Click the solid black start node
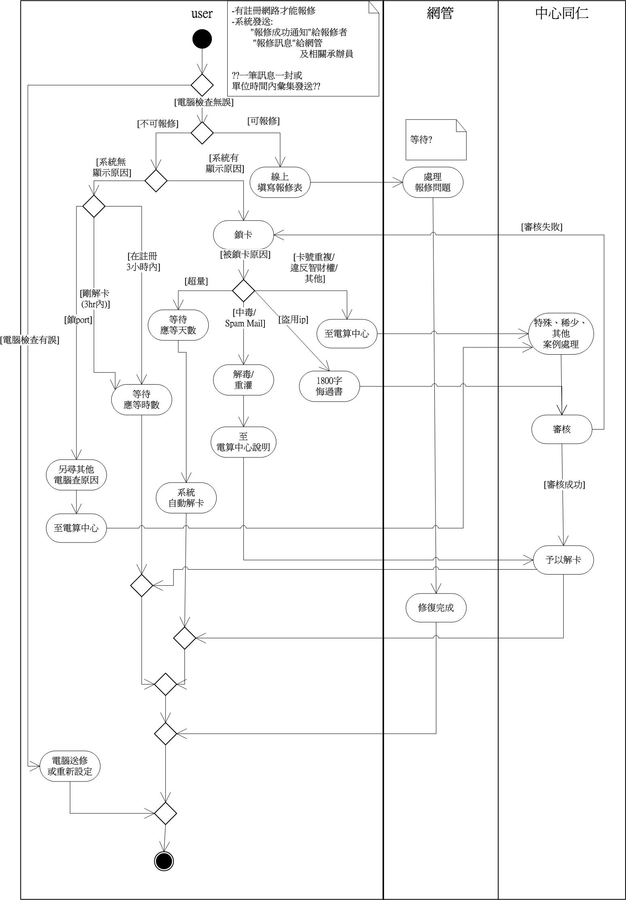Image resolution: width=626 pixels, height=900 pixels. [202, 39]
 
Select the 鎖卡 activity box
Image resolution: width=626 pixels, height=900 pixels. [243, 235]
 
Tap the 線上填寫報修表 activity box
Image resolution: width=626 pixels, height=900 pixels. [280, 182]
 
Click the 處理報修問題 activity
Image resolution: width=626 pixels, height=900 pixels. [433, 182]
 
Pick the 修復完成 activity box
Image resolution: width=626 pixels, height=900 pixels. [436, 607]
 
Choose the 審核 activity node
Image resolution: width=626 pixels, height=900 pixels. [562, 429]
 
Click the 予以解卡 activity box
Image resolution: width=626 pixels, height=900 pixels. [563, 560]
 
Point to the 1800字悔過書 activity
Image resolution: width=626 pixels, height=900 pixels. [329, 386]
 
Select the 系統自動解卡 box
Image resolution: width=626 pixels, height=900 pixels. [186, 498]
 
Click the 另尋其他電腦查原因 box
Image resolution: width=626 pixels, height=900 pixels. [76, 475]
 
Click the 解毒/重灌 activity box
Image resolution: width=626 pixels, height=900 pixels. [243, 380]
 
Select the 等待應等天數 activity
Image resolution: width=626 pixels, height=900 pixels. [178, 325]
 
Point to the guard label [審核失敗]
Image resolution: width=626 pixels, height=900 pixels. [541, 227]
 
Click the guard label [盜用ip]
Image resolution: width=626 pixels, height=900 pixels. [293, 319]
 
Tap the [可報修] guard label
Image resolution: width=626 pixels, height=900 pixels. [263, 121]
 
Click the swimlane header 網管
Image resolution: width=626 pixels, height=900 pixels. [440, 14]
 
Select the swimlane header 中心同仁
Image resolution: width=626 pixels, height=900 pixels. [562, 14]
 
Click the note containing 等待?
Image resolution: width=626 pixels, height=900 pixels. [436, 140]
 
